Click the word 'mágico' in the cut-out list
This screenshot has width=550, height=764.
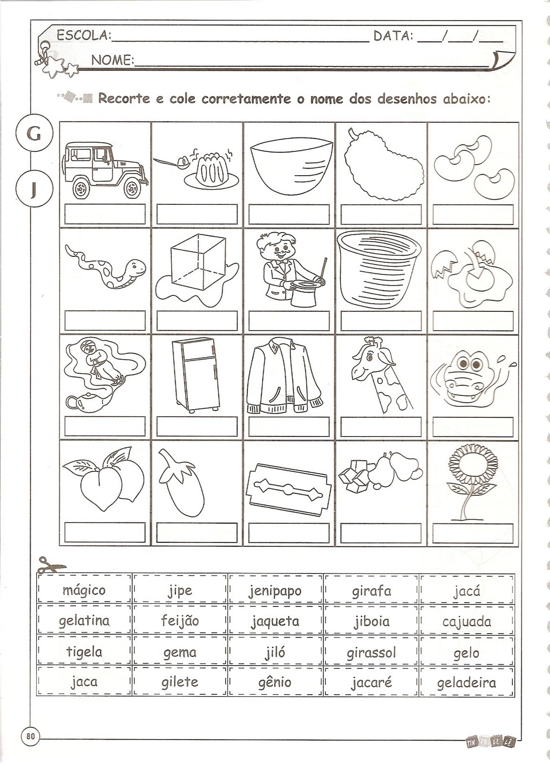(84, 590)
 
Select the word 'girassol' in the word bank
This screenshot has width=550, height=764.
(371, 653)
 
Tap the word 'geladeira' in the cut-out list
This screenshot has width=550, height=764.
(466, 683)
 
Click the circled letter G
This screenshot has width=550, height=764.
(34, 133)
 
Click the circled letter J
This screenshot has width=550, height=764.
(34, 188)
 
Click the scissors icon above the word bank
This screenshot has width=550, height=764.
(51, 564)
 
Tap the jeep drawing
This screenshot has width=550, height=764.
(105, 170)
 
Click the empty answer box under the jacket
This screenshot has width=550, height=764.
(289, 427)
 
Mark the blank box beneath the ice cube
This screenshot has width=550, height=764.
(197, 320)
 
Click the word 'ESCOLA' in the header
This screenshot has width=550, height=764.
(83, 35)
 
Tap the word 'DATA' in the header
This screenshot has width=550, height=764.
(393, 35)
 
